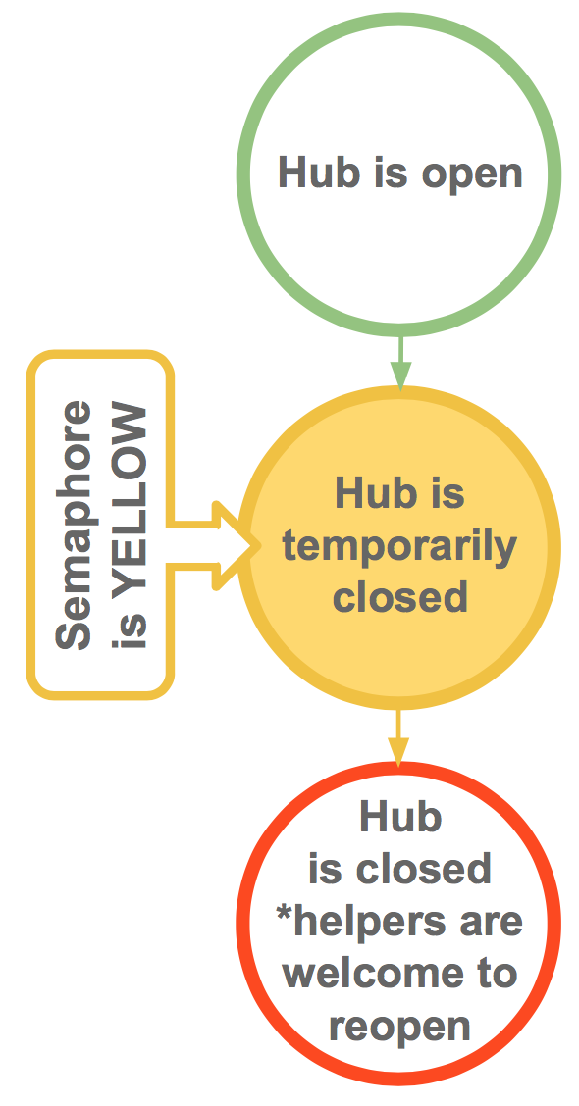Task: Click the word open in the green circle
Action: click(x=472, y=175)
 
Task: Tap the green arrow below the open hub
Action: click(x=401, y=363)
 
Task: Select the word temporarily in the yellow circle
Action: click(x=400, y=547)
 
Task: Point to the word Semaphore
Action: click(x=74, y=525)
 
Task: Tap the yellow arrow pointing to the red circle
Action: click(x=399, y=737)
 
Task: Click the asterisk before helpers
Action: click(x=285, y=913)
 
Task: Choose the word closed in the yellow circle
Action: click(x=400, y=596)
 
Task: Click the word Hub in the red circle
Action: click(x=400, y=817)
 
